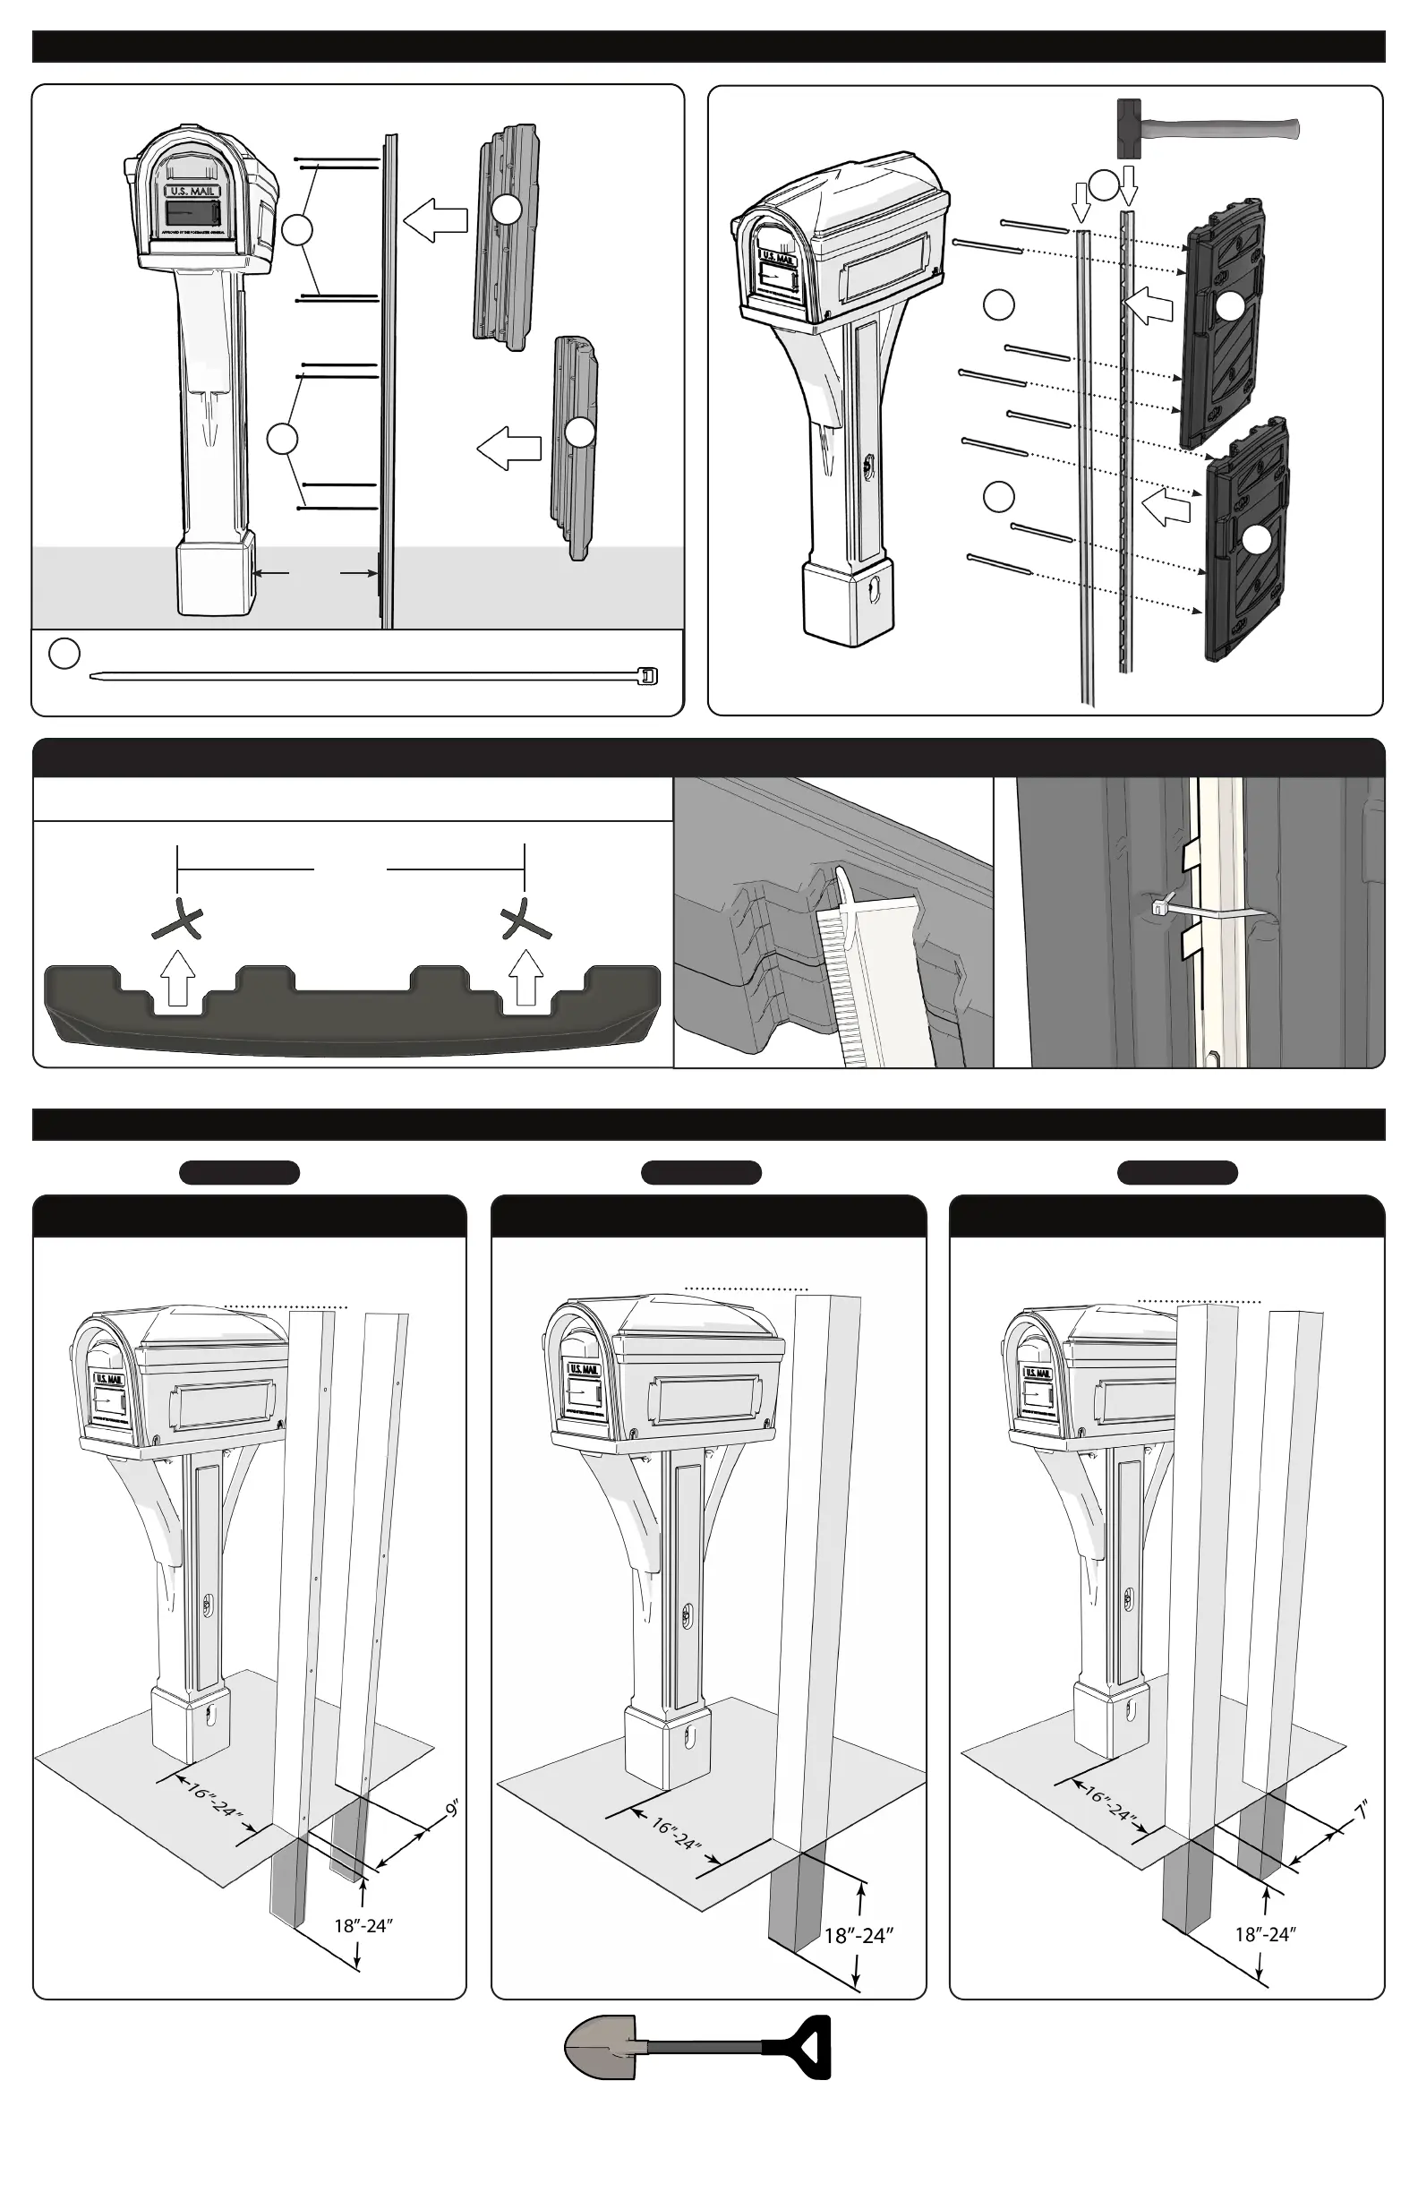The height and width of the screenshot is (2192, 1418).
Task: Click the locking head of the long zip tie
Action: coord(649,677)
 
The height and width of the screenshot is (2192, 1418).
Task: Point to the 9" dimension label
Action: coord(451,1809)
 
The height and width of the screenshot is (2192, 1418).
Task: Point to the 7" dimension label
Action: coord(1362,1811)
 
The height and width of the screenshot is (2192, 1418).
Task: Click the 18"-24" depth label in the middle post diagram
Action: coord(858,1935)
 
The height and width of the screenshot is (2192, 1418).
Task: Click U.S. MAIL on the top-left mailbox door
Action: coord(192,192)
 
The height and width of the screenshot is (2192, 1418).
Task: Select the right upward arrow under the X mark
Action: coord(525,978)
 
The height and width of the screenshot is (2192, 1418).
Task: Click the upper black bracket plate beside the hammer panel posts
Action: coord(1225,322)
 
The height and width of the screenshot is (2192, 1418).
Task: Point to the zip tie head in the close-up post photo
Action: coord(1158,908)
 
